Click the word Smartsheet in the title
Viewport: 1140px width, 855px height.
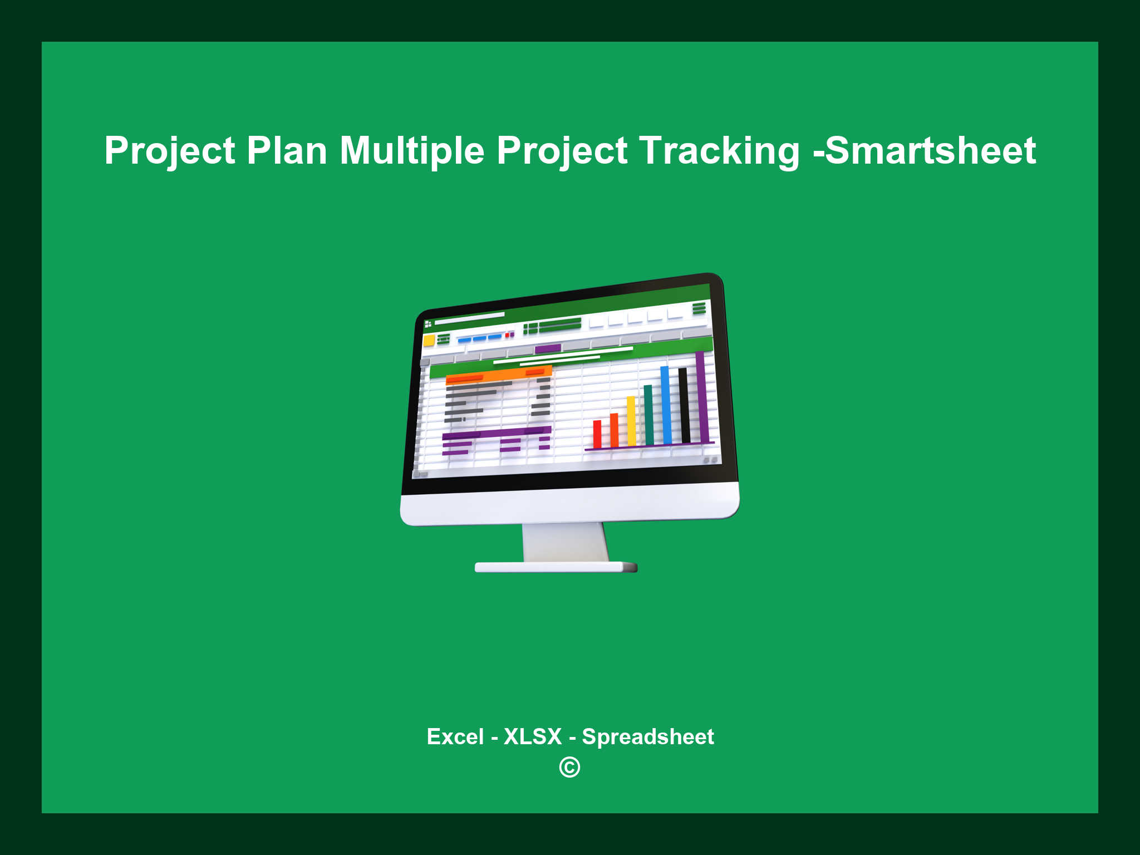pyautogui.click(x=930, y=151)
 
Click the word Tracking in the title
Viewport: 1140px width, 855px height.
pyautogui.click(x=719, y=151)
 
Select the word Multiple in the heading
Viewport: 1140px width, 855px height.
pyautogui.click(x=412, y=151)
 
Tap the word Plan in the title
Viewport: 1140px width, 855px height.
pyautogui.click(x=287, y=151)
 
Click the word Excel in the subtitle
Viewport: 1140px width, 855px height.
pyautogui.click(x=455, y=736)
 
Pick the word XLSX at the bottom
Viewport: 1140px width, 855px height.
pyautogui.click(x=533, y=736)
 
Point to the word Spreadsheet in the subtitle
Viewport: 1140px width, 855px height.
pyautogui.click(x=647, y=736)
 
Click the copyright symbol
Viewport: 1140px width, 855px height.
pyautogui.click(x=569, y=768)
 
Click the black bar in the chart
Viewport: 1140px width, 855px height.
pyautogui.click(x=684, y=405)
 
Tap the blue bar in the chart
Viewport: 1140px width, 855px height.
pyautogui.click(x=666, y=405)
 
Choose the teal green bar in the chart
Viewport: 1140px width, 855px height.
pyautogui.click(x=648, y=415)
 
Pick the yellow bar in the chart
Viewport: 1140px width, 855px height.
pyautogui.click(x=631, y=421)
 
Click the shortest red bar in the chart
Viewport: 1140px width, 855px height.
pyautogui.click(x=597, y=434)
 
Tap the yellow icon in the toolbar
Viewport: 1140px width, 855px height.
pyautogui.click(x=429, y=341)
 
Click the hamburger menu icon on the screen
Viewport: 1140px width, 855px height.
pyautogui.click(x=699, y=308)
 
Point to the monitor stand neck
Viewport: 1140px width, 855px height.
pyautogui.click(x=565, y=543)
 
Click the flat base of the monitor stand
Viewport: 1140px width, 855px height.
pyautogui.click(x=556, y=567)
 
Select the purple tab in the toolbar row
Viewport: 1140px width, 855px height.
pyautogui.click(x=548, y=349)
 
